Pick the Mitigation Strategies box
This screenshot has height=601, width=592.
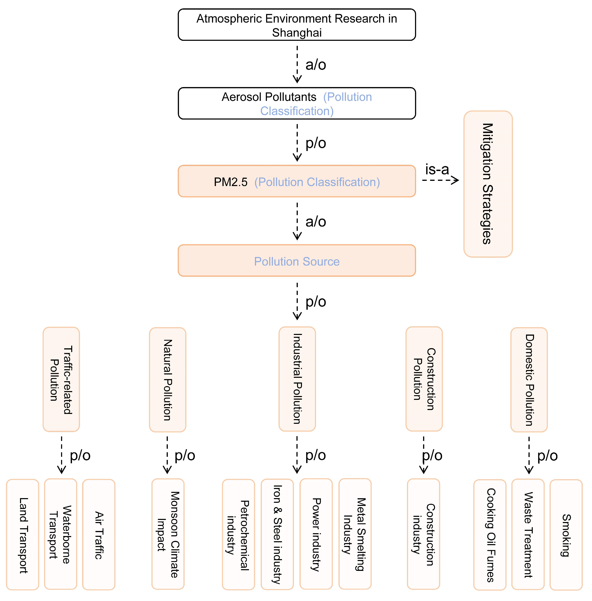[x=488, y=184]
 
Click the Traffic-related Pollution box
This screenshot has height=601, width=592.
[x=61, y=379]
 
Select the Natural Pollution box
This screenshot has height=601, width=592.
[x=168, y=380]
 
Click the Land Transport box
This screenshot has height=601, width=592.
[x=23, y=534]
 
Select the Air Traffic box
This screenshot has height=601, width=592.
[x=99, y=534]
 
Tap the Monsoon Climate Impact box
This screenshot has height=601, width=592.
[x=168, y=534]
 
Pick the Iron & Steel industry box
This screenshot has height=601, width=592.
[x=277, y=534]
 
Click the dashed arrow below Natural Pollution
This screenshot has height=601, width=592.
[x=167, y=454]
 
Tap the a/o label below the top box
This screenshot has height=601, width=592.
[x=315, y=65]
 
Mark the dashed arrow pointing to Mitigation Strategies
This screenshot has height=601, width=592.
[x=440, y=180]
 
